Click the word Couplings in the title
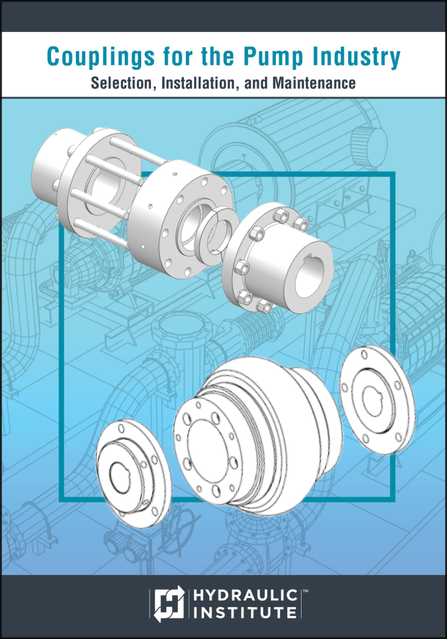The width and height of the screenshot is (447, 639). point(101,57)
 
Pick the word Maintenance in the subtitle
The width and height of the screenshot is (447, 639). point(314,83)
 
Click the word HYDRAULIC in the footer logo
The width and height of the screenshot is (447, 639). point(245,595)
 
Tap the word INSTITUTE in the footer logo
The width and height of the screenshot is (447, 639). point(245,612)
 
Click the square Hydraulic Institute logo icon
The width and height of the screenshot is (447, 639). point(169,603)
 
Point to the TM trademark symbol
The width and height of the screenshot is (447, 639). point(305,590)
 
